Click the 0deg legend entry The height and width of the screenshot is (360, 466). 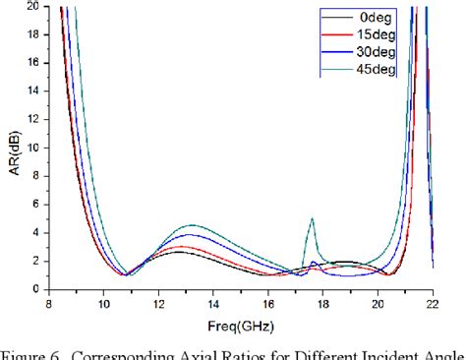pos(377,17)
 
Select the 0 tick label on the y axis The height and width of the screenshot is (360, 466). pos(36,289)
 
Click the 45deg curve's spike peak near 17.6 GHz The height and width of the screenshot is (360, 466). pos(313,218)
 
